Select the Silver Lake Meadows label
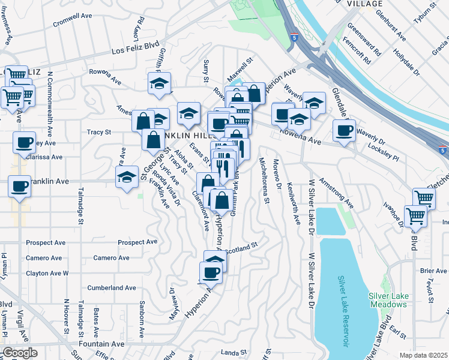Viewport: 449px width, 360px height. pyautogui.click(x=387, y=300)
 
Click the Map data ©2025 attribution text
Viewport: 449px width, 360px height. pyautogui.click(x=424, y=355)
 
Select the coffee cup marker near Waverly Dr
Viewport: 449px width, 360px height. pyautogui.click(x=345, y=130)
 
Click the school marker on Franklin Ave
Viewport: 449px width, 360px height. pyautogui.click(x=127, y=178)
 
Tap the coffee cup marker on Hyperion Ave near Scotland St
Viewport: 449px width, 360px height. pyautogui.click(x=211, y=273)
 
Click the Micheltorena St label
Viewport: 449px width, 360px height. pyautogui.click(x=263, y=181)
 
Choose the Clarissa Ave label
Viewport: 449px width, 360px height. pyautogui.click(x=44, y=157)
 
